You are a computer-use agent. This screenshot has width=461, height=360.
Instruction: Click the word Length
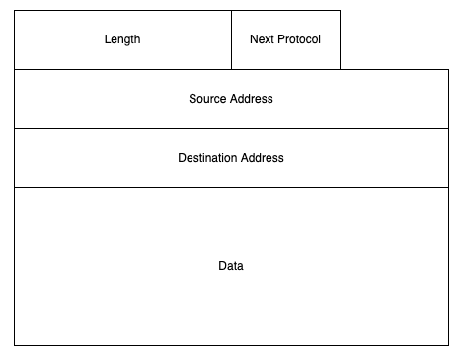coord(122,39)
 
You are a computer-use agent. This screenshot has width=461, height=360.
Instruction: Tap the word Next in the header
coord(263,39)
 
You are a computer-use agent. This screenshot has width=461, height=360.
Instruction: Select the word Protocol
coord(299,39)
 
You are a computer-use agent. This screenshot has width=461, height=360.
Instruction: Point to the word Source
coord(207,99)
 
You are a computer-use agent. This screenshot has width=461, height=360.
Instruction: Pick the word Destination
coord(207,158)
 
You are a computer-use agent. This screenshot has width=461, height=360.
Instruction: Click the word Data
coord(231,266)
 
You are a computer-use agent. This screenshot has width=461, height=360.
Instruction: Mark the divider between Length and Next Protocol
coord(232,39)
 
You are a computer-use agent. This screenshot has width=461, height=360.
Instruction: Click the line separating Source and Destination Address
coord(231,128)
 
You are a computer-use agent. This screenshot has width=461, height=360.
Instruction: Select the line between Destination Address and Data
coord(231,187)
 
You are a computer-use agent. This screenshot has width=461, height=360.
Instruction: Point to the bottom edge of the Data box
coord(231,345)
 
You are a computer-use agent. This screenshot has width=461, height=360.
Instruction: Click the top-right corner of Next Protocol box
coord(340,11)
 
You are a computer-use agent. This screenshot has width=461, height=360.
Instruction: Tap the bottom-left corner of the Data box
coord(15,345)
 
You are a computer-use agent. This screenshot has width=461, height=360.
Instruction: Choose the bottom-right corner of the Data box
coord(448,345)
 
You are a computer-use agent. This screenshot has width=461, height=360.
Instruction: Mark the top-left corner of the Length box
coord(15,11)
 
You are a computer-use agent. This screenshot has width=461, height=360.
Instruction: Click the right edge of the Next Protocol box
coord(340,39)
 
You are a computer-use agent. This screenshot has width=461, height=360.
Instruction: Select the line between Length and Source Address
coord(122,69)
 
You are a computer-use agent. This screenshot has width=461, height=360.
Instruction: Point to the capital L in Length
coord(107,39)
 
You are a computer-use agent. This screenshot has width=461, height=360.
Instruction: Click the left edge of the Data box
coord(15,266)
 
